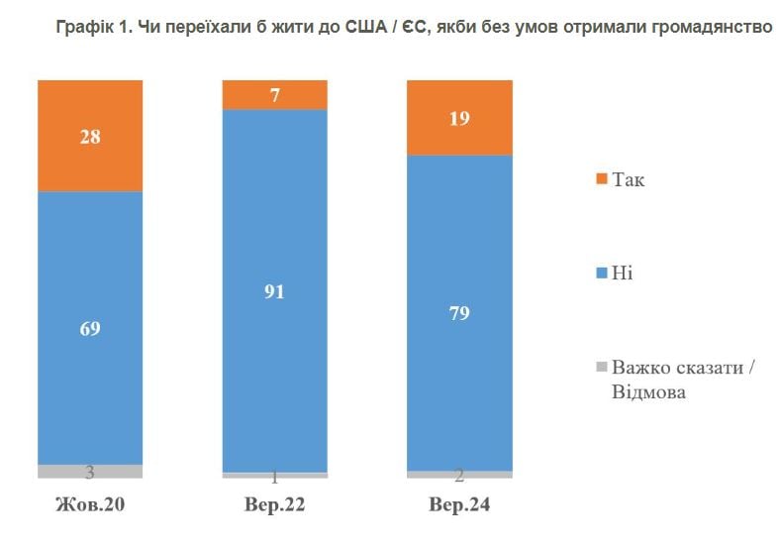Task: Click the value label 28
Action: click(90, 137)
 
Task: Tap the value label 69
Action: click(90, 328)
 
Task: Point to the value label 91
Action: click(274, 291)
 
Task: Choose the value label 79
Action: click(460, 314)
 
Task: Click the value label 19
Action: click(460, 118)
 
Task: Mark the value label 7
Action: click(275, 95)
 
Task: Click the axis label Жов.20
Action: click(90, 505)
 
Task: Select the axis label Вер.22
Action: click(274, 505)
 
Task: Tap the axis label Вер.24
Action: click(459, 505)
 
